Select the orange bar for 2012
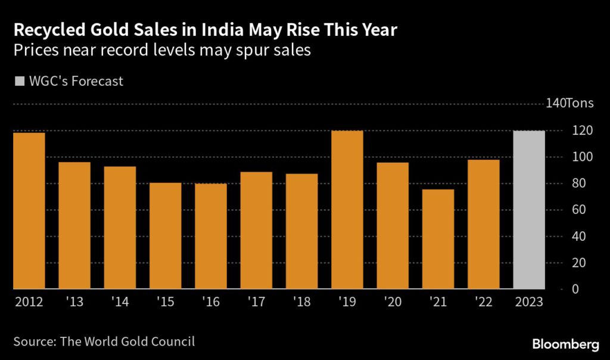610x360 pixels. pos(29,210)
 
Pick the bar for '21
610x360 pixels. pos(438,239)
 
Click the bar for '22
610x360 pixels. pos(483,224)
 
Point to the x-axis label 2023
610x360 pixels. pos(529,302)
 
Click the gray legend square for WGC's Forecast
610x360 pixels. pos(19,81)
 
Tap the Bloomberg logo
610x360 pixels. pos(565,344)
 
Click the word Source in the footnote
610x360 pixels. pos(32,342)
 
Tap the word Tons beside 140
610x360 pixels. pos(579,104)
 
